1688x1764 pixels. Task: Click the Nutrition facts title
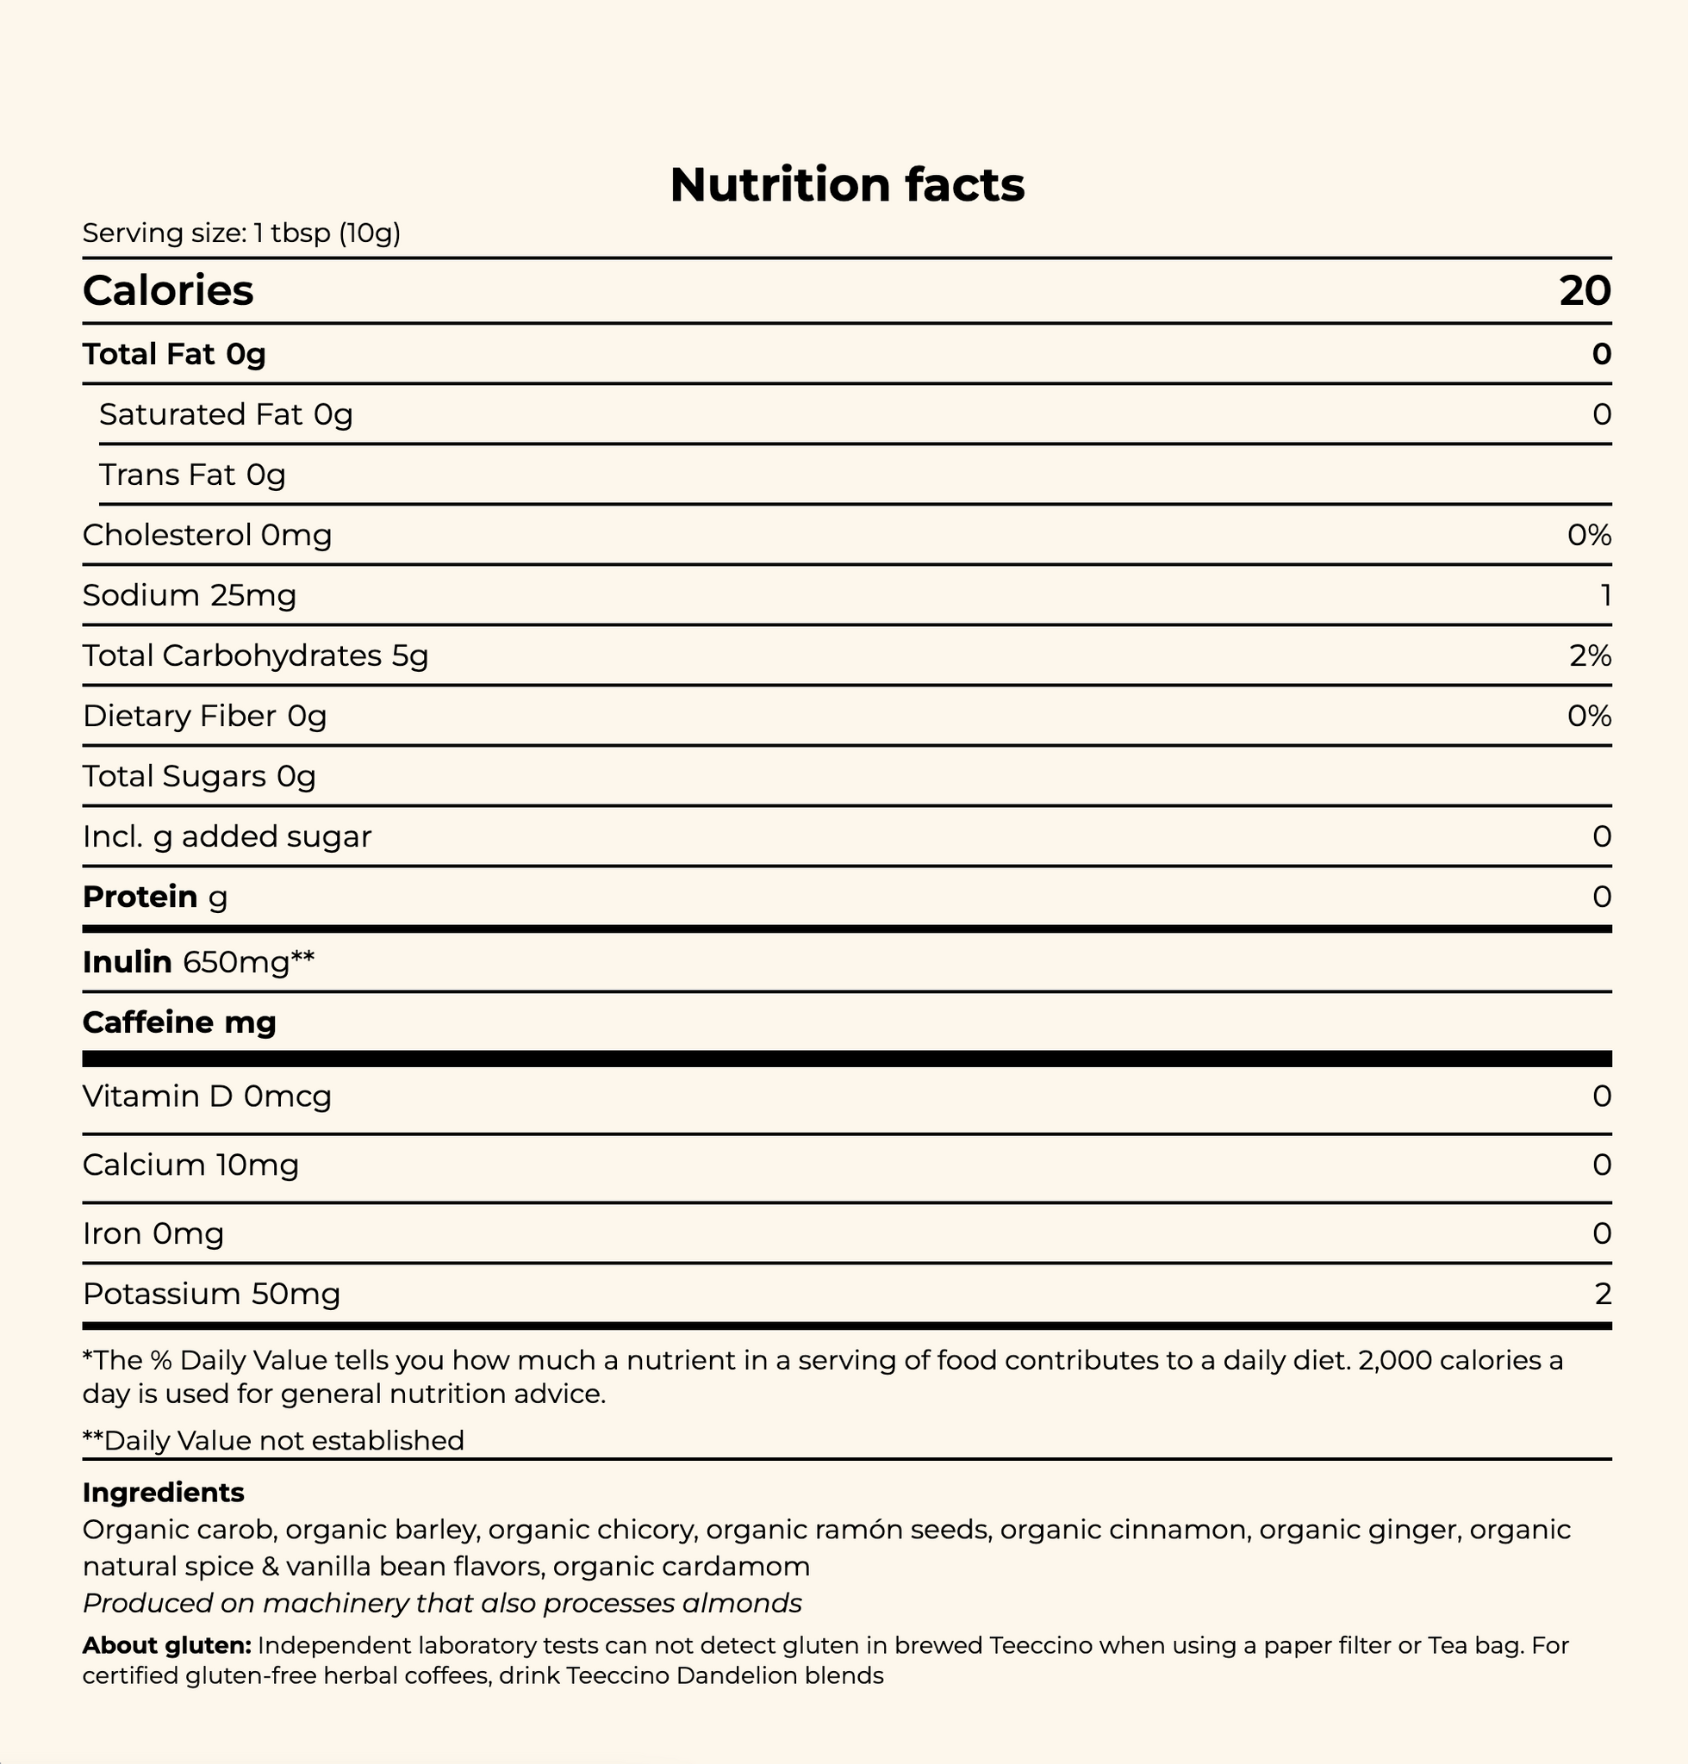[847, 184]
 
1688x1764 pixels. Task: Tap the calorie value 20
[1585, 290]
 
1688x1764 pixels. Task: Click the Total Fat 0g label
[174, 354]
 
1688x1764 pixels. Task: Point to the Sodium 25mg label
[189, 595]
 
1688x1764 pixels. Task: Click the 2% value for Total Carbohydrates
[1589, 655]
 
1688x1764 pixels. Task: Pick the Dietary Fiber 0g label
[204, 716]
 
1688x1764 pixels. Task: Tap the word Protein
[140, 897]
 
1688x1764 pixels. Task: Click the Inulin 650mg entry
[198, 962]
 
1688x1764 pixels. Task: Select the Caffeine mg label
[179, 1022]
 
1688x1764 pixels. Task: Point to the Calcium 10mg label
[190, 1165]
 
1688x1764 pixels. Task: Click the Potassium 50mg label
[211, 1294]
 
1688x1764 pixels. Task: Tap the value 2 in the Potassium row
[1602, 1294]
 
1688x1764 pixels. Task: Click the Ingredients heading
[163, 1493]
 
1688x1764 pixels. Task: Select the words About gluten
[166, 1645]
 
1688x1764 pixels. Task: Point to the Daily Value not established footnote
[273, 1440]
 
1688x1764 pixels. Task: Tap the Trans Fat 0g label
[192, 475]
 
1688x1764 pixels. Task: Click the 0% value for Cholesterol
[1588, 535]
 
